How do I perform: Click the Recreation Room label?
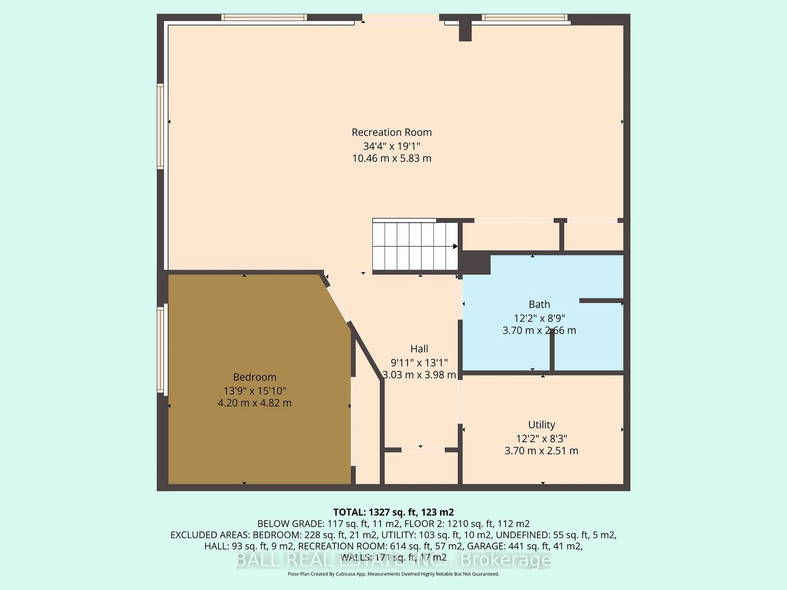point(391,132)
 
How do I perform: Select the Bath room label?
point(539,304)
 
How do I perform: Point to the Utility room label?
point(541,425)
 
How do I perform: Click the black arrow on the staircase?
point(455,246)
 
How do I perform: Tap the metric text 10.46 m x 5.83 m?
point(391,158)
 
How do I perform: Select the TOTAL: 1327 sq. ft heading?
point(393,512)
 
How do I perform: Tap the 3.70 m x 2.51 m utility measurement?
point(541,451)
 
